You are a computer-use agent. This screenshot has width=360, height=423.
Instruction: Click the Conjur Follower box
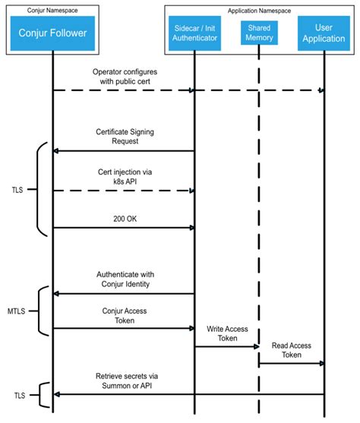click(x=52, y=33)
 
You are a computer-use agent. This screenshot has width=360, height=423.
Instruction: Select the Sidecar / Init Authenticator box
click(x=194, y=33)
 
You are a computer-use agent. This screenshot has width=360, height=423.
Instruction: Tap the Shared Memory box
click(x=259, y=33)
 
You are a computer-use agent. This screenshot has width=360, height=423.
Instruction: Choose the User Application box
click(x=324, y=33)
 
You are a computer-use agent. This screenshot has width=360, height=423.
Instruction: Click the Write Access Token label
click(x=226, y=333)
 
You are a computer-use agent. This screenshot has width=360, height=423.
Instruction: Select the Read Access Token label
click(x=291, y=350)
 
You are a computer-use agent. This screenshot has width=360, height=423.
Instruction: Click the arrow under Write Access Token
click(x=226, y=346)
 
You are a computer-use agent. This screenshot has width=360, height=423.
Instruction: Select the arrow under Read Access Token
click(x=291, y=364)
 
